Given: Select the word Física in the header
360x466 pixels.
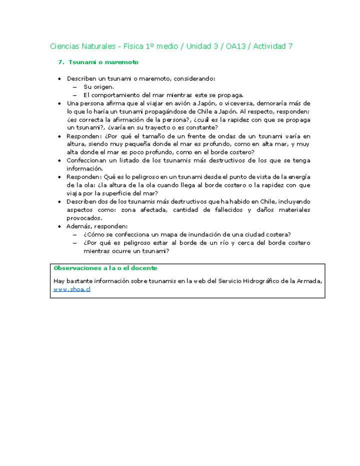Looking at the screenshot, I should [x=131, y=46].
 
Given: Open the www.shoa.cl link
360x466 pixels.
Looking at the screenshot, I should [x=72, y=289].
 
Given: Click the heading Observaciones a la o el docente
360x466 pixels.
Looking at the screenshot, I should [x=105, y=268].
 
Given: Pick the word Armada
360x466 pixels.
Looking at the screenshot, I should [x=309, y=281].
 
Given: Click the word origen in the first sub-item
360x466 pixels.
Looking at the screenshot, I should [x=102, y=87].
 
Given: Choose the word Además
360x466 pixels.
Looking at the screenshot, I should [x=79, y=226].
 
